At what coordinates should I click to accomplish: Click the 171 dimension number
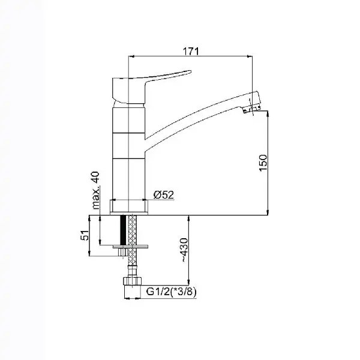point(191,51)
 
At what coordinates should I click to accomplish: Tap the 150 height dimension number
point(263,163)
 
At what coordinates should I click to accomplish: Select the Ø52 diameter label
point(164,195)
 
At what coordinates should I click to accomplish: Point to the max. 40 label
point(96,190)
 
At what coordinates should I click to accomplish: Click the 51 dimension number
point(85,235)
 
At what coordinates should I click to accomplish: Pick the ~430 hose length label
point(184,250)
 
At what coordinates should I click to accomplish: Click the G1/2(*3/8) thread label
point(171,292)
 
